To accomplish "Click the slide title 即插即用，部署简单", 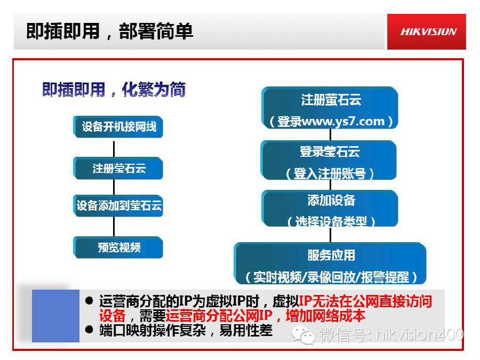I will click(109, 31).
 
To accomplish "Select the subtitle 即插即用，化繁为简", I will click(114, 90).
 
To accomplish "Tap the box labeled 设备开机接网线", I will click(118, 127).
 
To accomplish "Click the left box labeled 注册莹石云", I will click(118, 169).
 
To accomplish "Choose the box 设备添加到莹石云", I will click(118, 206).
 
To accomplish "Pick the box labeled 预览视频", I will click(118, 247).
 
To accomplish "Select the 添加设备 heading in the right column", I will click(331, 201).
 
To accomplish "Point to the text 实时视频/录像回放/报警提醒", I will click(331, 277).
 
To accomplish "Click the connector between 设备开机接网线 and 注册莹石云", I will click(114, 148).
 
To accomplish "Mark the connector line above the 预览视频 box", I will click(114, 227).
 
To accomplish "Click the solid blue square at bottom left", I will click(55, 316).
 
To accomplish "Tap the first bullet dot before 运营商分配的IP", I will click(90, 301).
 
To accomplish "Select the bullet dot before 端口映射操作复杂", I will click(90, 331).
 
